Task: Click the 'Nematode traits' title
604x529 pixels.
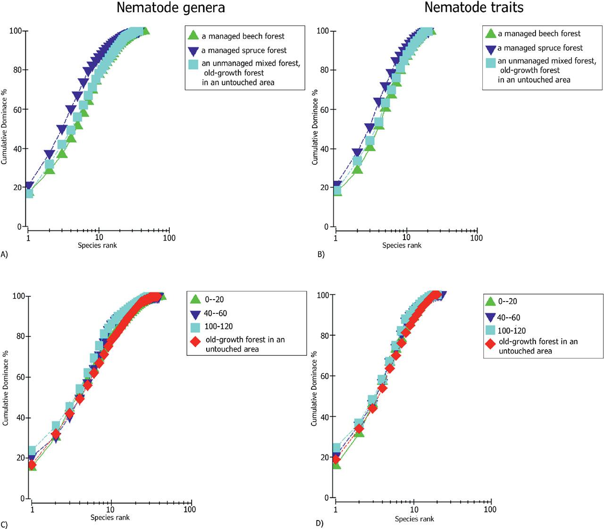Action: pyautogui.click(x=473, y=8)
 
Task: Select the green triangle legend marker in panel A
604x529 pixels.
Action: pyautogui.click(x=193, y=35)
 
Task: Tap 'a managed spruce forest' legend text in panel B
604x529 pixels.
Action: pyautogui.click(x=540, y=48)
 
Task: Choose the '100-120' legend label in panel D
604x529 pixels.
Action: pyautogui.click(x=512, y=331)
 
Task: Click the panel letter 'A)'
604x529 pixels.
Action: pyautogui.click(x=4, y=254)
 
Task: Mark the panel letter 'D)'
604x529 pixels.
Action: pyautogui.click(x=320, y=523)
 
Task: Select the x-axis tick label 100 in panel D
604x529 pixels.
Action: pyautogui.click(x=490, y=509)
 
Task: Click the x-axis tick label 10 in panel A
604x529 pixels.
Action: pyautogui.click(x=99, y=237)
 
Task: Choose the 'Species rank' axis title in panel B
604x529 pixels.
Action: pyautogui.click(x=402, y=245)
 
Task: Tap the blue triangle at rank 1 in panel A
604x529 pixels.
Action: pyautogui.click(x=29, y=185)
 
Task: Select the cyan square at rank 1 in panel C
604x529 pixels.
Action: pyautogui.click(x=33, y=451)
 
